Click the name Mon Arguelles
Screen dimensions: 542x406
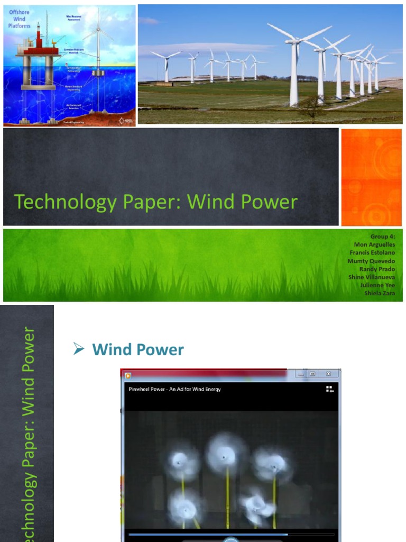374,245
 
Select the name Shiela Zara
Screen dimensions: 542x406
380,293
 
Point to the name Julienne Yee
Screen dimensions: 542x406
377,285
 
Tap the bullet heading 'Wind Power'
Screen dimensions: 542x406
138,349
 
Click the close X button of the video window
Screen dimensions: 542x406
329,374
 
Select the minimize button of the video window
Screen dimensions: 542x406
301,374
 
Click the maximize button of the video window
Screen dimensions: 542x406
312,374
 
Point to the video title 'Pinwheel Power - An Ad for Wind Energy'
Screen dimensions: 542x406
175,390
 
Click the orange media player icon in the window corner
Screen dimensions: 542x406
127,376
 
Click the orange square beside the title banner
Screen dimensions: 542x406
371,177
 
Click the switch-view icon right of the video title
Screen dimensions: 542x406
330,390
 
